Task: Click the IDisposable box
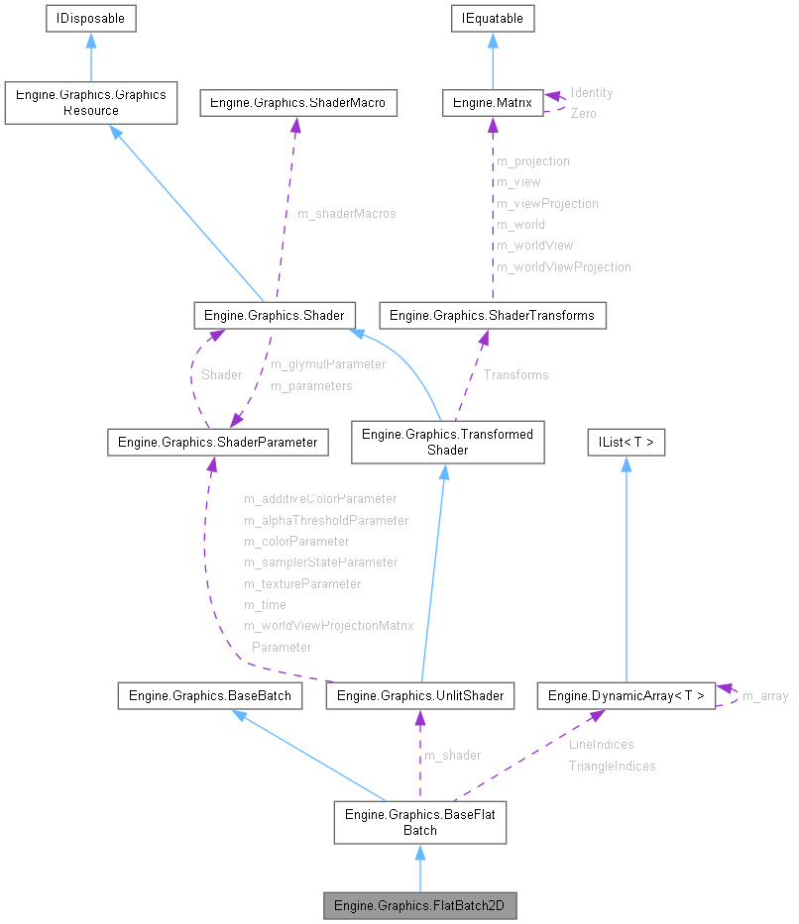click(x=91, y=18)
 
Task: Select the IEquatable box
click(x=493, y=18)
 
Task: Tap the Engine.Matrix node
click(x=493, y=102)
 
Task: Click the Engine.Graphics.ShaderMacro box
click(x=298, y=102)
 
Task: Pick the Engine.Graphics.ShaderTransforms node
click(x=493, y=315)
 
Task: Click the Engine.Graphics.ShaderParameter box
click(x=217, y=442)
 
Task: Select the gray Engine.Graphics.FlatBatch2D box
click(x=420, y=905)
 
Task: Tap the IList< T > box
click(x=626, y=442)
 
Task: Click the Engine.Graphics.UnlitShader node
click(x=420, y=695)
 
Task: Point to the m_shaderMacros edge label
click(x=346, y=214)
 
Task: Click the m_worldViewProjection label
click(x=563, y=266)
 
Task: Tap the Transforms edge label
click(x=515, y=374)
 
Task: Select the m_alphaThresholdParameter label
click(x=326, y=520)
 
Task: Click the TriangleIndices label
click(x=612, y=766)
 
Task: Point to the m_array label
click(x=764, y=696)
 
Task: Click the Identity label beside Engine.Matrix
click(x=592, y=92)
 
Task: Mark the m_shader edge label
click(x=452, y=755)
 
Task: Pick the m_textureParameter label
click(x=302, y=583)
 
